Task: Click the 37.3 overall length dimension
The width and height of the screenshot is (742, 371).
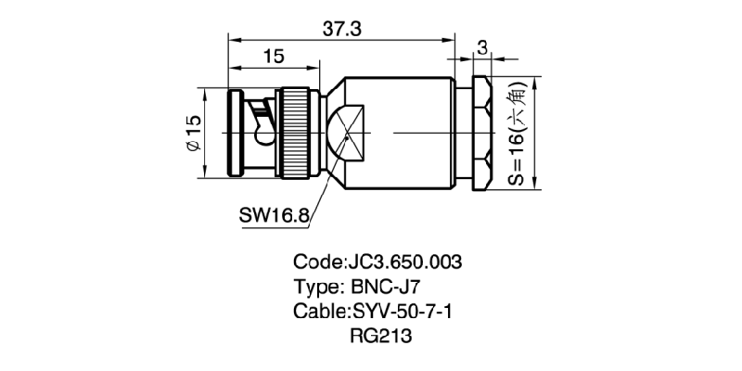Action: pos(342,28)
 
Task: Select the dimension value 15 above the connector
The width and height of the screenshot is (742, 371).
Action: pos(273,58)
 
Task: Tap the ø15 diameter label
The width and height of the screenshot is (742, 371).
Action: pos(193,134)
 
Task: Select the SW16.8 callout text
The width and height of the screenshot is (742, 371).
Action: pos(274,215)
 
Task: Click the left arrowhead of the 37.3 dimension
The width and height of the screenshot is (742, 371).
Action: pos(232,39)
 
